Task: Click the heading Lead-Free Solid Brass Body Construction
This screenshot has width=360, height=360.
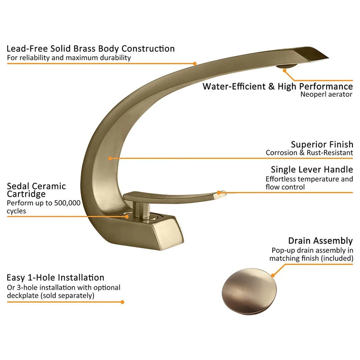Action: tap(90, 49)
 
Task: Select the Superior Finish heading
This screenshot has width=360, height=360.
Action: tap(322, 144)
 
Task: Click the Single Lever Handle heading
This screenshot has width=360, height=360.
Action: tap(312, 170)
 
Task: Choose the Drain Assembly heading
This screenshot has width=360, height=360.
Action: tap(320, 241)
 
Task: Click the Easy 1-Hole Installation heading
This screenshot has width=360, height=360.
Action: tap(55, 278)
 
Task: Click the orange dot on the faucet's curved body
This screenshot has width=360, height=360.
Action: tap(110, 158)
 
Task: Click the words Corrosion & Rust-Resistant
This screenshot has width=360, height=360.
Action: tap(309, 153)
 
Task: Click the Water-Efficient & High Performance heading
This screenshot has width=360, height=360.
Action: tap(278, 86)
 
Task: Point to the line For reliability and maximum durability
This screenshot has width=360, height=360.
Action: tap(69, 58)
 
